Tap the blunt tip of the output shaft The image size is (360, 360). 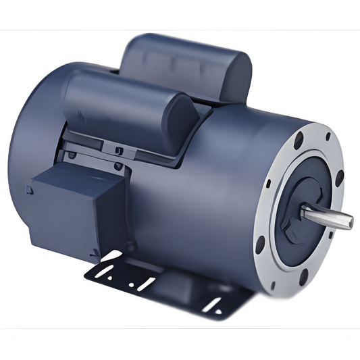tap(349, 220)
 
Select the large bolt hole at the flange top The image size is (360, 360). tap(297, 143)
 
